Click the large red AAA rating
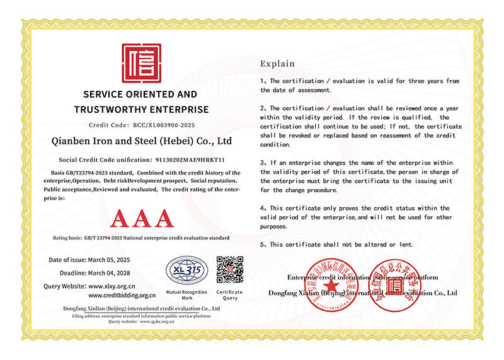pos(140,218)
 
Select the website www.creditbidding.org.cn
pos(122,295)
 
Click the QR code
pos(230,270)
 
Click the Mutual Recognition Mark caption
pos(186,295)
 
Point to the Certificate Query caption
pos(230,295)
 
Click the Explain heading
pos(277,64)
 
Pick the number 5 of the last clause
pos(263,244)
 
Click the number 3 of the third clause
pos(263,163)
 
